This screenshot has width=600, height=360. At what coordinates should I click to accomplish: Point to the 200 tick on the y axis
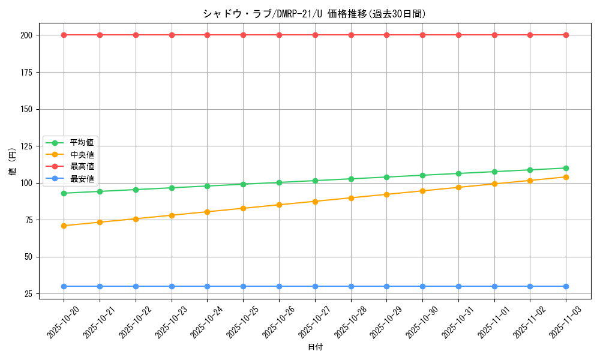click(x=26, y=35)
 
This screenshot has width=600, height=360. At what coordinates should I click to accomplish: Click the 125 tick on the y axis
click(x=26, y=146)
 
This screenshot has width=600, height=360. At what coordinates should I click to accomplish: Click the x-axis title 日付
click(x=315, y=347)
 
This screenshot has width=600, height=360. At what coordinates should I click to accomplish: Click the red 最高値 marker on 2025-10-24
click(x=207, y=35)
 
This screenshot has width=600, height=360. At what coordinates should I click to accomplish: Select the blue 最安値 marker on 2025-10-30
click(x=422, y=286)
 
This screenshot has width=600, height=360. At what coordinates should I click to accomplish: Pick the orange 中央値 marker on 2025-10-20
click(x=64, y=226)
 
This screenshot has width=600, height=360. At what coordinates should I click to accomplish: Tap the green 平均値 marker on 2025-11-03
click(x=566, y=168)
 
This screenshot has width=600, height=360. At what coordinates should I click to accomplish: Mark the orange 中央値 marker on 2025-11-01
click(x=494, y=184)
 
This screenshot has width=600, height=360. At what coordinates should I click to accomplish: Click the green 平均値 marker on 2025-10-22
click(x=136, y=190)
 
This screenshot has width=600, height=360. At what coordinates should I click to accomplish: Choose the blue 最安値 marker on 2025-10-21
click(x=100, y=286)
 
